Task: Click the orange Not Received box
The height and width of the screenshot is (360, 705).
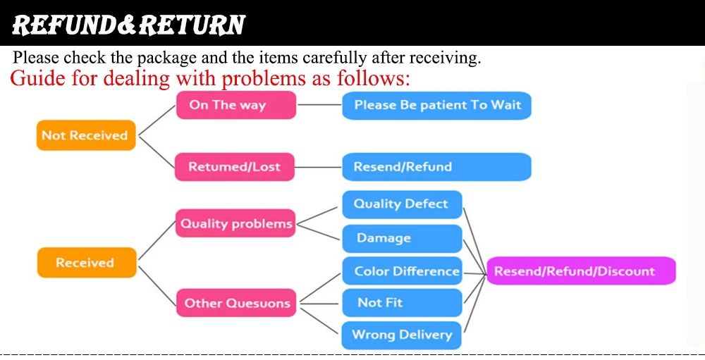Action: tap(85, 135)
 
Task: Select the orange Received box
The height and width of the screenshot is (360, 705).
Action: tap(85, 263)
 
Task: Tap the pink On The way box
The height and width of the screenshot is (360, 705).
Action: tap(235, 105)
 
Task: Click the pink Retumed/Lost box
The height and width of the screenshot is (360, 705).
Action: tap(234, 167)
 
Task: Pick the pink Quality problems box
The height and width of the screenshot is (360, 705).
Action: tap(235, 224)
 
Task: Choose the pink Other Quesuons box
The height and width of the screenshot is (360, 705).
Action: tap(236, 304)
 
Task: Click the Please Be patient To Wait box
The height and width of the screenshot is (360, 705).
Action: tap(436, 105)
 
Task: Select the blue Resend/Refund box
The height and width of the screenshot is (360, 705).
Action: tap(436, 167)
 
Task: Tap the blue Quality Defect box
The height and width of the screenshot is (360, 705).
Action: tap(402, 204)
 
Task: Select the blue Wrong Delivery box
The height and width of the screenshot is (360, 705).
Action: tap(402, 335)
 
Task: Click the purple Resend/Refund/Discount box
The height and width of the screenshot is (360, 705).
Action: tap(581, 271)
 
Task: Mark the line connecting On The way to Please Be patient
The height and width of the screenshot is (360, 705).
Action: tap(319, 105)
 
